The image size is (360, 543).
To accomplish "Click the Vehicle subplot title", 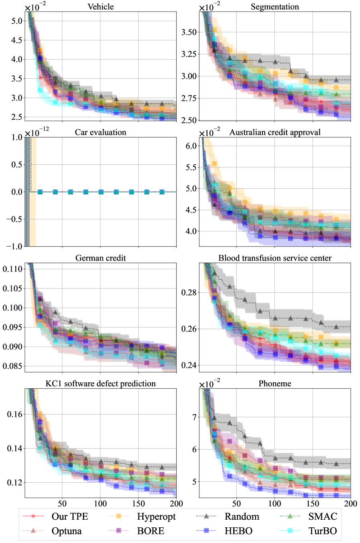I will click(100, 7).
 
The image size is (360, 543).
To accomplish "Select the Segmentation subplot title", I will click(275, 7).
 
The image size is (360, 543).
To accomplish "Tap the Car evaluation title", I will click(100, 133).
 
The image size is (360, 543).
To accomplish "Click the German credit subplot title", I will click(100, 258).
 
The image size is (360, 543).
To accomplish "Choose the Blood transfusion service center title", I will click(275, 258).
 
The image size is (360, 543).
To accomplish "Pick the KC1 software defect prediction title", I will click(100, 384).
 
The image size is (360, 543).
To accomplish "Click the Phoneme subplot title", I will click(275, 384).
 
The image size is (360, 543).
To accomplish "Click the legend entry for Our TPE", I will click(69, 516).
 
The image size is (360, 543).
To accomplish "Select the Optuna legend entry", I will click(66, 531).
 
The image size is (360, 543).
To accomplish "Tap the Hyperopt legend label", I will click(156, 516).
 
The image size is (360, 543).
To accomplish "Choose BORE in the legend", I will click(151, 531).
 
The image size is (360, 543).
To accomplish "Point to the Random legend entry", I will click(242, 516).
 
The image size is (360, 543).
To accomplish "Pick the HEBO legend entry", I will click(238, 531).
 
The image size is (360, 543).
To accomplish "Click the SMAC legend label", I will click(323, 516).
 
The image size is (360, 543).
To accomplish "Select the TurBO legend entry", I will click(323, 531).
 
